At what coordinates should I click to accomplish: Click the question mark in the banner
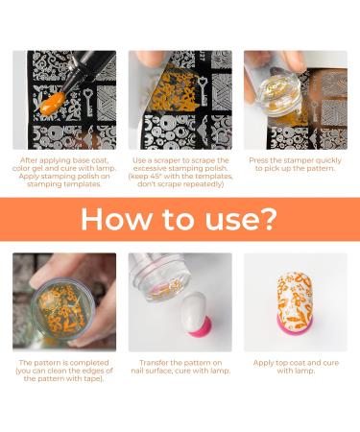point(267,218)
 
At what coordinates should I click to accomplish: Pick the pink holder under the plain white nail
point(201,326)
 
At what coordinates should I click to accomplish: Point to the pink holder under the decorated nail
point(296,324)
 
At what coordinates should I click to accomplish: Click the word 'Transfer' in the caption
point(154,363)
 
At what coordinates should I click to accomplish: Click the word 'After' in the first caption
point(29,160)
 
